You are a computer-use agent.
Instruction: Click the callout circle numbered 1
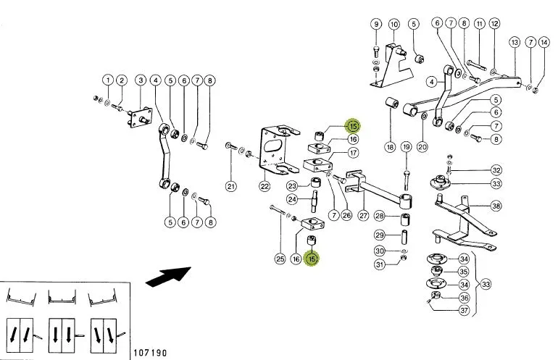pyautogui.click(x=108, y=80)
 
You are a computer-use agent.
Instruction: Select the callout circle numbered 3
pyautogui.click(x=141, y=80)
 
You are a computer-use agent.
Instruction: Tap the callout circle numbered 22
pyautogui.click(x=265, y=186)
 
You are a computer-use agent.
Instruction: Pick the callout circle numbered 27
pyautogui.click(x=363, y=215)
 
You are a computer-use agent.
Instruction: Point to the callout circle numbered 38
pyautogui.click(x=496, y=206)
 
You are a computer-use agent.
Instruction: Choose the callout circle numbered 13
pyautogui.click(x=515, y=42)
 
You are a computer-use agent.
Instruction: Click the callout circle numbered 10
pyautogui.click(x=393, y=25)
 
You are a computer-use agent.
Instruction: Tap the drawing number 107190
pyautogui.click(x=150, y=353)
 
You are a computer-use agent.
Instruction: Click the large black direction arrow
pyautogui.click(x=168, y=276)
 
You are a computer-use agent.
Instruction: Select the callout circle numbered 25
pyautogui.click(x=280, y=259)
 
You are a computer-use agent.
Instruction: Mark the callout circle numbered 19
pyautogui.click(x=406, y=146)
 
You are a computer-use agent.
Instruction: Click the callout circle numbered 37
pyautogui.click(x=464, y=310)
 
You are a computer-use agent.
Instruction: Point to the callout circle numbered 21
pyautogui.click(x=231, y=186)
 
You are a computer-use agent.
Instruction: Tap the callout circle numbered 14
pyautogui.click(x=544, y=42)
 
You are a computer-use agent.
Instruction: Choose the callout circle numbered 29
pyautogui.click(x=380, y=235)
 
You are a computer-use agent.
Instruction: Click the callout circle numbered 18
pyautogui.click(x=390, y=147)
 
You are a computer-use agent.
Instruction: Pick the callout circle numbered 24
pyautogui.click(x=292, y=199)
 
